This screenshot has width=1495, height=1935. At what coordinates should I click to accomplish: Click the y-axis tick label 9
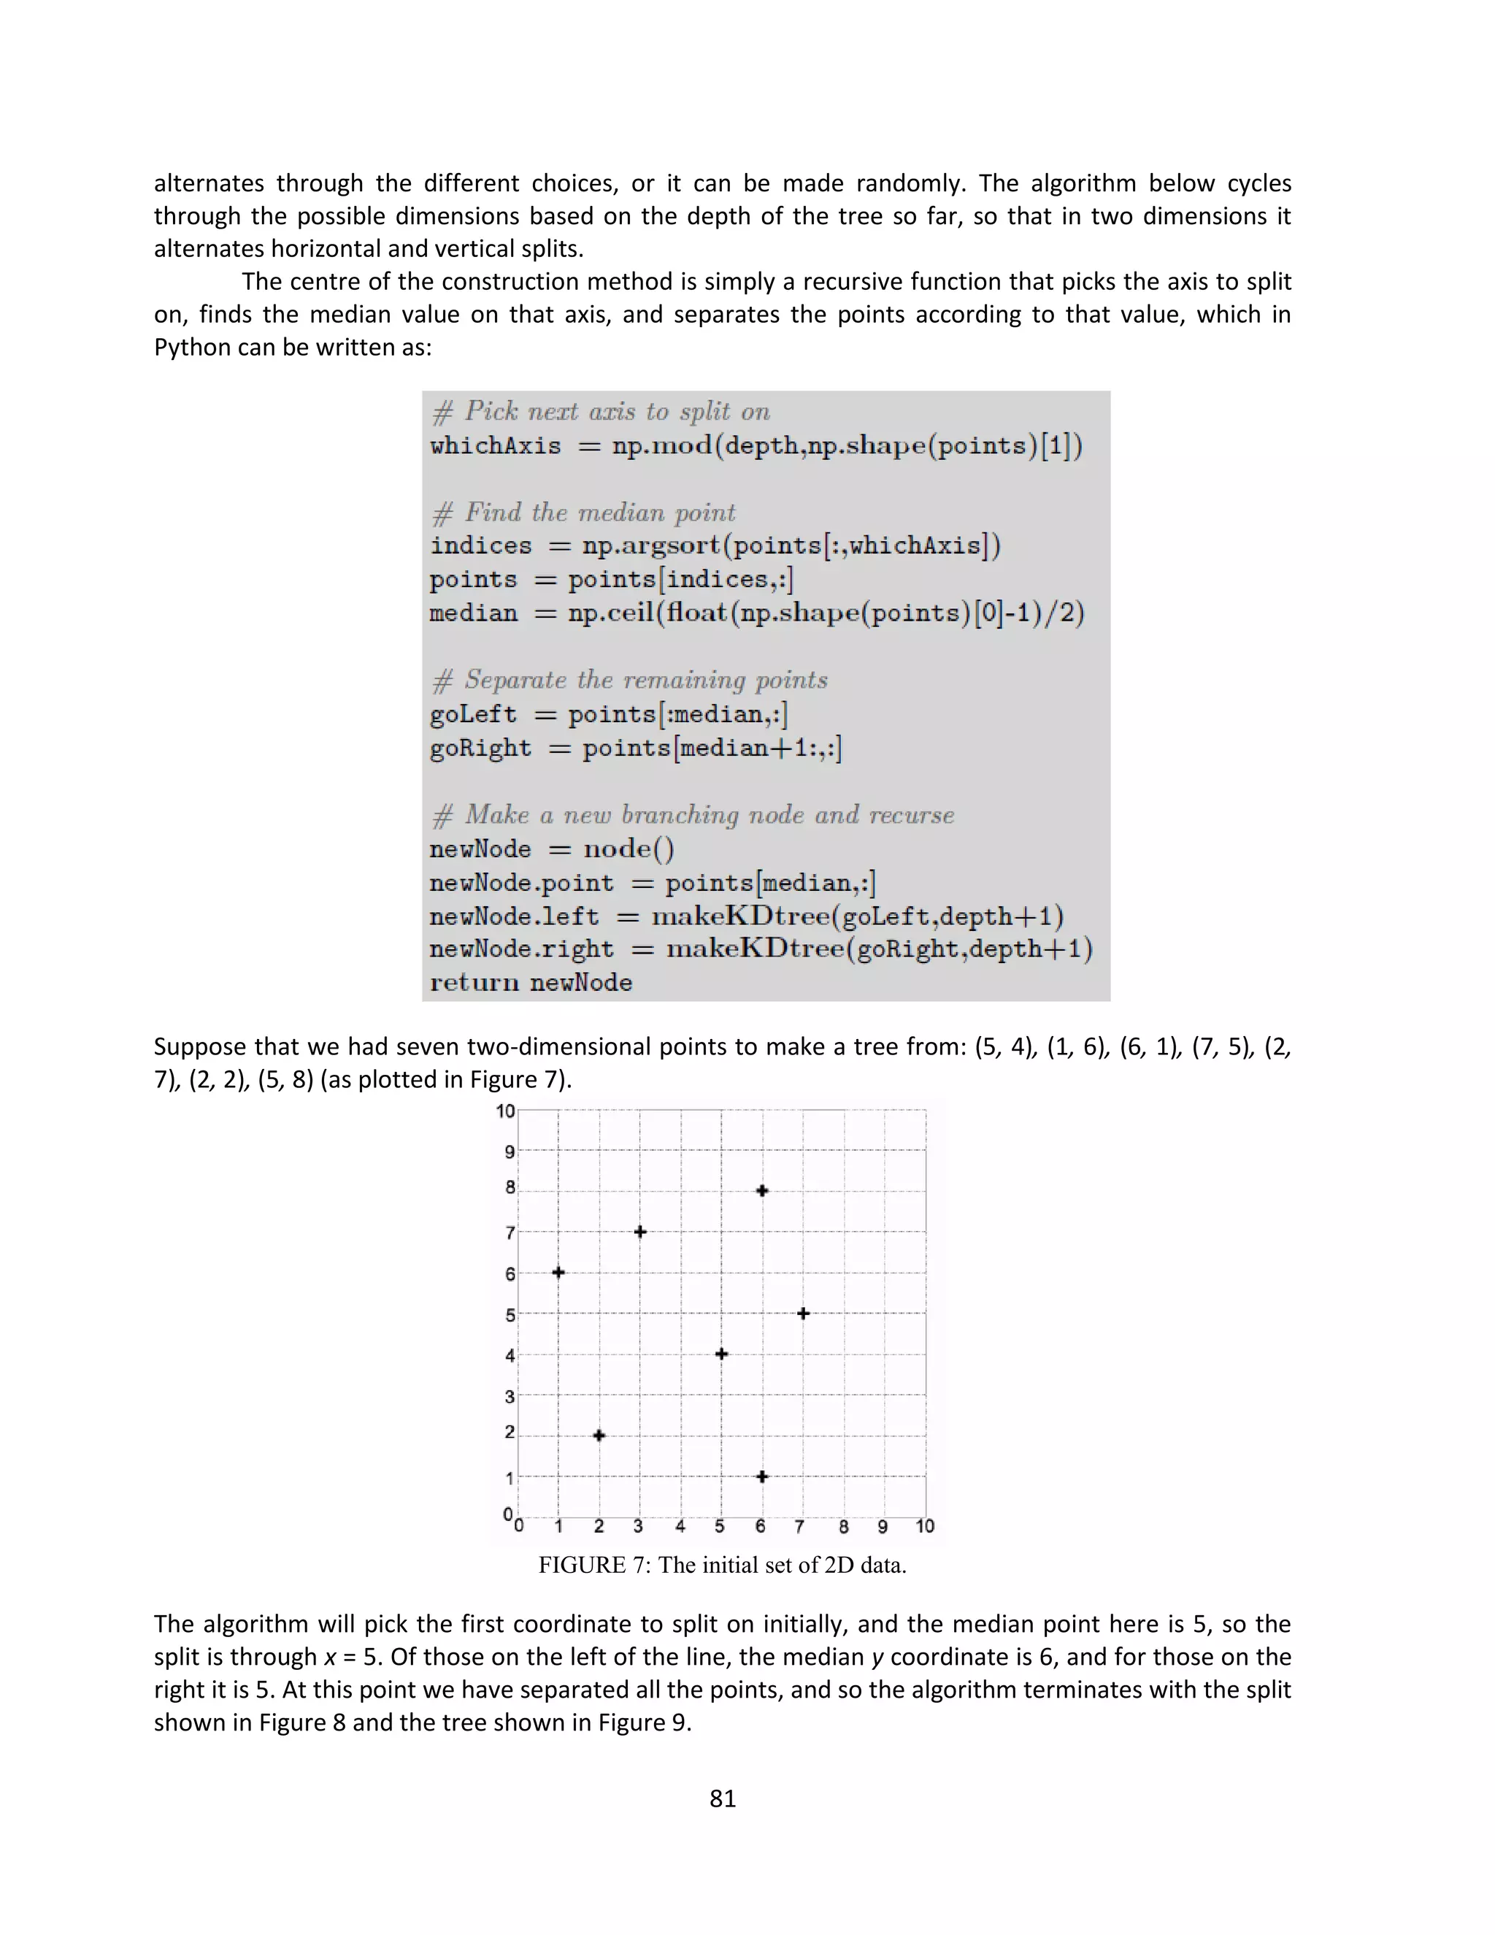[510, 1152]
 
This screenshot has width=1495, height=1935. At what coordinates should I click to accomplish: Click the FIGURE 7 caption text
[722, 1565]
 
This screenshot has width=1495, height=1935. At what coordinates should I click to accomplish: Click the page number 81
[723, 1798]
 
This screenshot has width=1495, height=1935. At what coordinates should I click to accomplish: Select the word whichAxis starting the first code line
[495, 445]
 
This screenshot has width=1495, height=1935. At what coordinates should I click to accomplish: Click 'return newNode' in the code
[531, 983]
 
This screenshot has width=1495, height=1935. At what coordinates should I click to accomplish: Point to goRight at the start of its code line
[480, 748]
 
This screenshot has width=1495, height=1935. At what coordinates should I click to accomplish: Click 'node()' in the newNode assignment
[628, 848]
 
